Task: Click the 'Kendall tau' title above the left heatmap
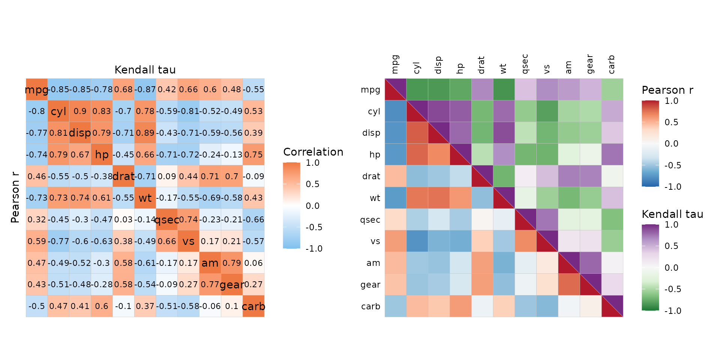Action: click(145, 70)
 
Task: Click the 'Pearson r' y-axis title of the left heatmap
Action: click(15, 198)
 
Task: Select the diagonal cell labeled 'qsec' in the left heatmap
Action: click(166, 220)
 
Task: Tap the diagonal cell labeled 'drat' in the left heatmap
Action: click(123, 176)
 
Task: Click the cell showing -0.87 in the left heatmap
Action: click(145, 90)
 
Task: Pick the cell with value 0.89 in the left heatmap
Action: click(145, 133)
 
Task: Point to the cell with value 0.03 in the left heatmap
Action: click(123, 220)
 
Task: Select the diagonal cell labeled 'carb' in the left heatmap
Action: click(253, 306)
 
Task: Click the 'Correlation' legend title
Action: click(313, 152)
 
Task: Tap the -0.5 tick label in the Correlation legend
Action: click(314, 227)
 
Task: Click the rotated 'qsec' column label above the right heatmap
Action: click(525, 64)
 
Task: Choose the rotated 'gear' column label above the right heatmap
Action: click(590, 64)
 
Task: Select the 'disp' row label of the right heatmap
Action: click(371, 133)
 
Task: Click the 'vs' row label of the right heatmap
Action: click(375, 241)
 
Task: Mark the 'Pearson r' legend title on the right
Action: click(667, 90)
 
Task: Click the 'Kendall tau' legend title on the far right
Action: click(672, 214)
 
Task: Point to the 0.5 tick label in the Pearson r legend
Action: click(671, 122)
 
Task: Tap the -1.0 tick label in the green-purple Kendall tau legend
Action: click(673, 311)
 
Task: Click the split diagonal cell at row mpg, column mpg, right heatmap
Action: click(396, 90)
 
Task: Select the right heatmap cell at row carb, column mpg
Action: click(396, 306)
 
